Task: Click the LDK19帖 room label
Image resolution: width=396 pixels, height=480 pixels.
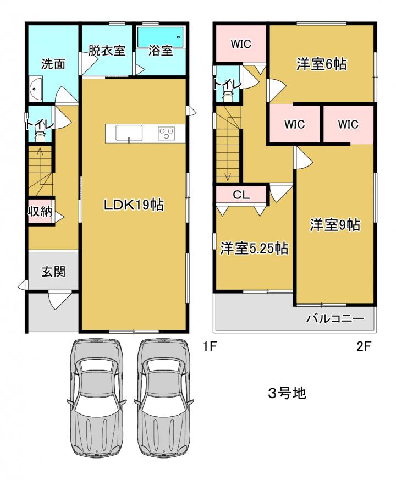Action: point(134,205)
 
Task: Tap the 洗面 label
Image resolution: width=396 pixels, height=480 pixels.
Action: point(53,64)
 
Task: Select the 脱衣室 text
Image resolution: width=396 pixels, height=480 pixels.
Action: point(107,51)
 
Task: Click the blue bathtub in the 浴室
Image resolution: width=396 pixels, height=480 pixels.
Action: point(160,37)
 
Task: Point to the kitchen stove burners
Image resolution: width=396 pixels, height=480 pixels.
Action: point(166,134)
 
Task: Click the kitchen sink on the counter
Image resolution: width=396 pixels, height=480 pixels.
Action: point(129,134)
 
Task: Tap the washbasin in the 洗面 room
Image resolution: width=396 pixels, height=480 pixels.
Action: point(36,89)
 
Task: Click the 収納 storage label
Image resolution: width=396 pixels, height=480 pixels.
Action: point(40,211)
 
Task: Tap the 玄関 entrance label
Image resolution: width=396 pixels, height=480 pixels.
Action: point(53,271)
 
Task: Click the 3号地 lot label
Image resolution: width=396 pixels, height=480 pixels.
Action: point(287,393)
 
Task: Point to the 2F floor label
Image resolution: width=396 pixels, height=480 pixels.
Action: point(364,346)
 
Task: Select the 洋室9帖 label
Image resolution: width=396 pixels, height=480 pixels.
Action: point(335,225)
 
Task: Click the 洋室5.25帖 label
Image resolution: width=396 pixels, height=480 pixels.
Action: point(254,249)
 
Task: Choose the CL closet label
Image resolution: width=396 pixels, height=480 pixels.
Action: point(241,195)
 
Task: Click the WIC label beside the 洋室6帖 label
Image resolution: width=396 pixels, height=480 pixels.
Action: point(241,44)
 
